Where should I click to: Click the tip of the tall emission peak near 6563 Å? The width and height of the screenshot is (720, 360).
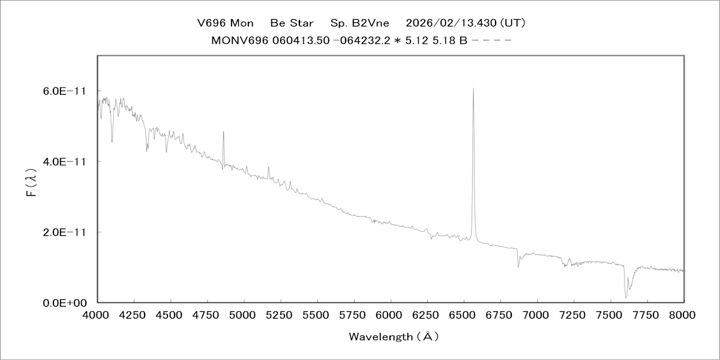tap(473, 88)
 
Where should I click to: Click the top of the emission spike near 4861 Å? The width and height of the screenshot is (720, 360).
tap(223, 131)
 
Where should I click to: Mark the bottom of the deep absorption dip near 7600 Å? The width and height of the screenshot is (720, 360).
tap(626, 298)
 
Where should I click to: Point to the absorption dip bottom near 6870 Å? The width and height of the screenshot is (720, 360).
tap(518, 266)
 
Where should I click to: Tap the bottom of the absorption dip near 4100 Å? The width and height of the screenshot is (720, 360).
tap(112, 142)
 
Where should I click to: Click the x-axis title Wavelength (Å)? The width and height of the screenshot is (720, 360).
tap(394, 337)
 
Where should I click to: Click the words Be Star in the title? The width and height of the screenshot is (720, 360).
tap(292, 23)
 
